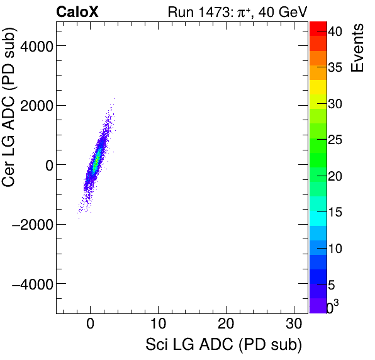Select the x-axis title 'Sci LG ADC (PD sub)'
tap(223, 344)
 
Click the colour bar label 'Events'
tap(357, 48)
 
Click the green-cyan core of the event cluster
tap(96, 164)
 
